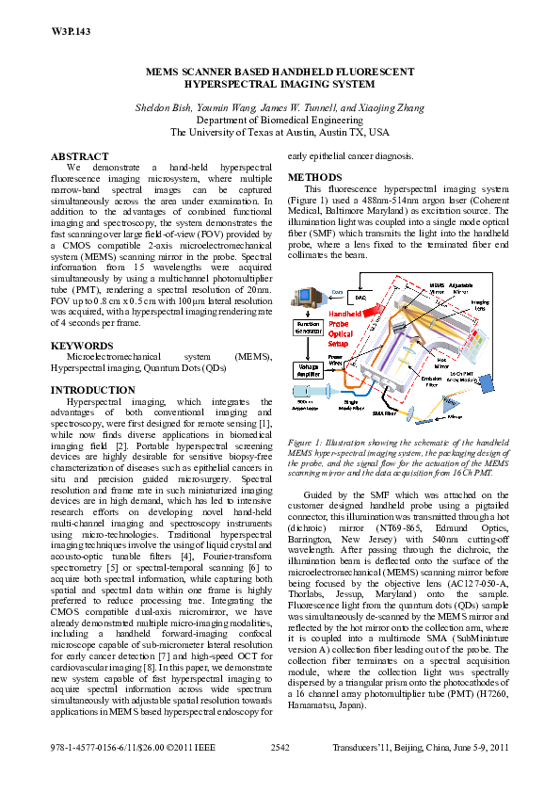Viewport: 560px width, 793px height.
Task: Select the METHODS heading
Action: click(314, 176)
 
